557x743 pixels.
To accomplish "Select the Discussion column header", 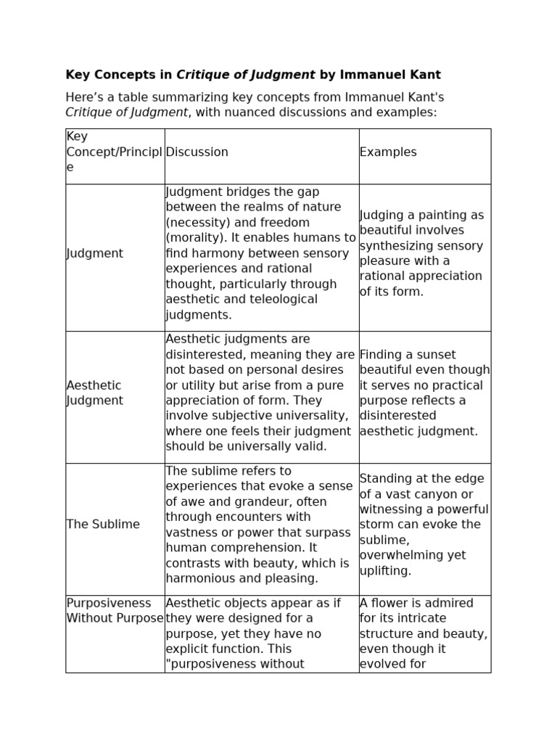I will [197, 152].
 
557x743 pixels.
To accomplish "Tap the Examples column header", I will [388, 152].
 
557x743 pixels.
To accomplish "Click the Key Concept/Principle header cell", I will [114, 152].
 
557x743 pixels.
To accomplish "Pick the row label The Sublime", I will [103, 524].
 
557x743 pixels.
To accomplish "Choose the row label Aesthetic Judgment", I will [94, 393].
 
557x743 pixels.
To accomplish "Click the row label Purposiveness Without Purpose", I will [115, 611].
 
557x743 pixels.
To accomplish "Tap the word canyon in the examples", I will [441, 494].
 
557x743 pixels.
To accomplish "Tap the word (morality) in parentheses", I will [194, 238].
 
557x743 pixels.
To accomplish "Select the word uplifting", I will [385, 570].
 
